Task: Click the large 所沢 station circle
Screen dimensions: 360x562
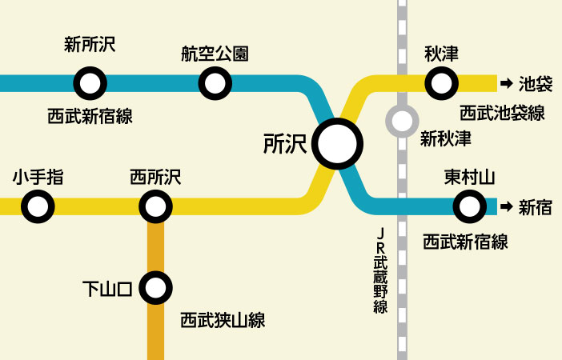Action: [x=337, y=144]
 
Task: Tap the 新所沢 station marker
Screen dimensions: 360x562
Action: [x=90, y=82]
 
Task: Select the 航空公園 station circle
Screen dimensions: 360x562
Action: [x=215, y=82]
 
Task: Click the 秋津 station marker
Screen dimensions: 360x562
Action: [x=441, y=82]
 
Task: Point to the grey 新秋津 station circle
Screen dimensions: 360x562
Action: [x=402, y=122]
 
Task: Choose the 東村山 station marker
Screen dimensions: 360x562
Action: [x=469, y=207]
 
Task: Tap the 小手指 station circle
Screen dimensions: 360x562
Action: [x=38, y=207]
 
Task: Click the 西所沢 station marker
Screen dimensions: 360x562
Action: [x=155, y=207]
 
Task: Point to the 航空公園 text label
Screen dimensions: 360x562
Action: [x=215, y=54]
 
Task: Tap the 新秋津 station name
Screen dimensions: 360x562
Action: [x=445, y=138]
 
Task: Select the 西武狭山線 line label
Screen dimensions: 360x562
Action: [x=223, y=321]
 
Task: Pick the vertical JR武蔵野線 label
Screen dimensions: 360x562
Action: [x=381, y=271]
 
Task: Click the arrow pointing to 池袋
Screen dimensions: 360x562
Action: [x=506, y=82]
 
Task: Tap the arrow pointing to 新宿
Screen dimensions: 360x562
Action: [x=506, y=207]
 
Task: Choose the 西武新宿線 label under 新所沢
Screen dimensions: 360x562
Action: [x=90, y=117]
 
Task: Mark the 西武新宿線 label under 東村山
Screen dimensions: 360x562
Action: [x=465, y=241]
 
